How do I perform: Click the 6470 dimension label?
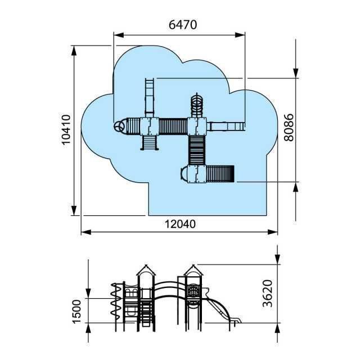pyautogui.click(x=183, y=25)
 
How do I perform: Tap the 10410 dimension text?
pyautogui.click(x=66, y=129)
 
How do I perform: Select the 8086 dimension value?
pyautogui.click(x=289, y=127)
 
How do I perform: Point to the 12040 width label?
pyautogui.click(x=180, y=224)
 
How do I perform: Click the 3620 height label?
pyautogui.click(x=268, y=293)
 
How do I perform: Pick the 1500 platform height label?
pyautogui.click(x=76, y=311)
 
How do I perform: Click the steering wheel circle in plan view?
pyautogui.click(x=119, y=127)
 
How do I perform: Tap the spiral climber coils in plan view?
pyautogui.click(x=197, y=105)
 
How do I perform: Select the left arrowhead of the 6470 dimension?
pyautogui.click(x=119, y=35)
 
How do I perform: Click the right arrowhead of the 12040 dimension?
pyautogui.click(x=272, y=232)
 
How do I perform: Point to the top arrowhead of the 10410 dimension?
pyautogui.click(x=74, y=51)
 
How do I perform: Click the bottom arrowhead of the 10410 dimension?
pyautogui.click(x=74, y=210)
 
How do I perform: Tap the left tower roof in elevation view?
pyautogui.click(x=146, y=270)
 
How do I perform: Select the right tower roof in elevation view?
pyautogui.click(x=193, y=270)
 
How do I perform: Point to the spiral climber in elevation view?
pyautogui.click(x=116, y=301)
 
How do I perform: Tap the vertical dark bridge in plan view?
pyautogui.click(x=197, y=150)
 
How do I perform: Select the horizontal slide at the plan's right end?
pyautogui.click(x=226, y=127)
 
